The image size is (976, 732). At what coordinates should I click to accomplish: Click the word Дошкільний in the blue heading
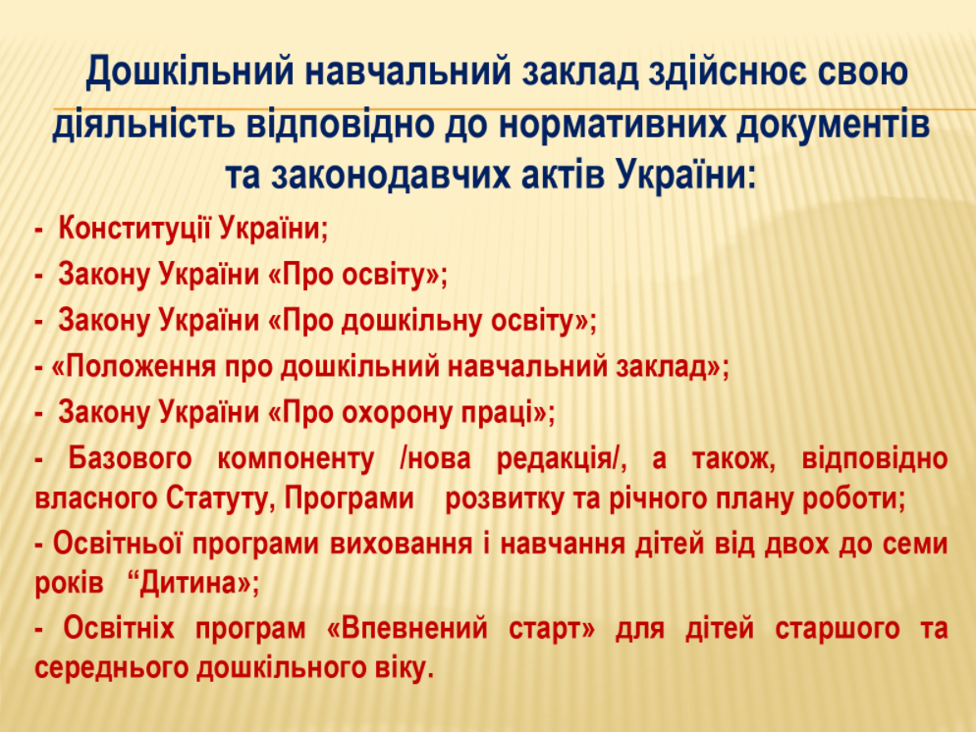coord(190,72)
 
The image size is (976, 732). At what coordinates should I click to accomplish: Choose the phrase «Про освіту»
coord(354,275)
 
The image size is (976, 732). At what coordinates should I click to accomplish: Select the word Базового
coord(130,458)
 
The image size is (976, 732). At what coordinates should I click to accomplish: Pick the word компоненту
coord(296,459)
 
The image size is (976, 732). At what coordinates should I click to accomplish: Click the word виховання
coord(401,544)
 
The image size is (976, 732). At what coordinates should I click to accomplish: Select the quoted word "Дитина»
coord(193,583)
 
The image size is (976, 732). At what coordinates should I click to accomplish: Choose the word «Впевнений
coord(407,628)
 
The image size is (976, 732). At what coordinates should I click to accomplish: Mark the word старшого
coord(838,628)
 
